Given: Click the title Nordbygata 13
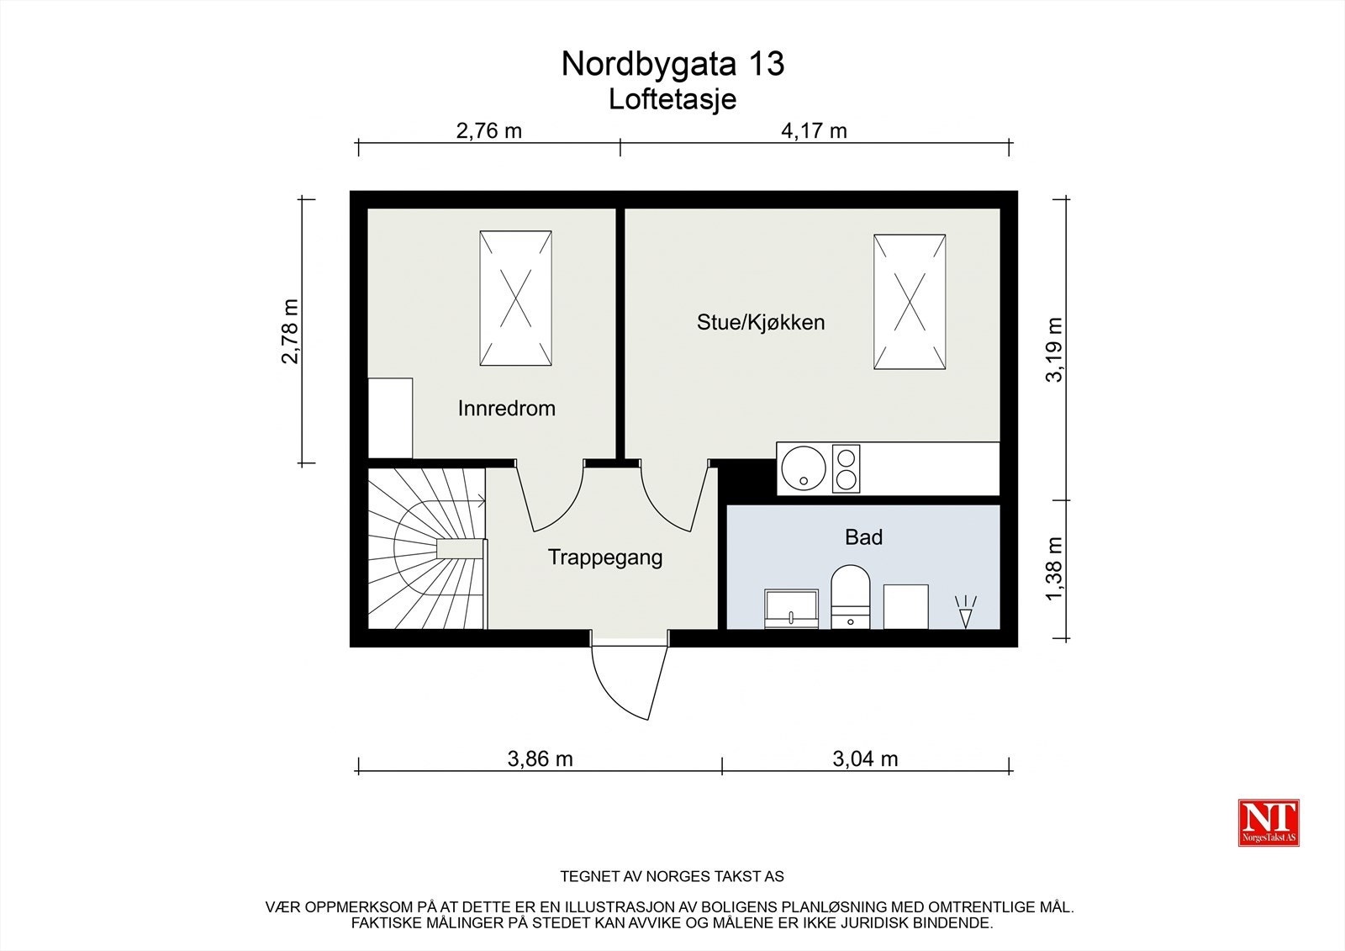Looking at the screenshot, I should tap(672, 64).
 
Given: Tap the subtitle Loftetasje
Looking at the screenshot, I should tap(672, 99).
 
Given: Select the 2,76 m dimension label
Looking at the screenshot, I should tap(488, 130).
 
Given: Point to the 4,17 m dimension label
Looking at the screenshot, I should tap(814, 130).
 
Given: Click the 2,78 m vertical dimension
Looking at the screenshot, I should tap(290, 331).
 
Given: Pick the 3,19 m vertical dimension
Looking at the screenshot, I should tap(1054, 350).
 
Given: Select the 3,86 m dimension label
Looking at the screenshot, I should tap(540, 758).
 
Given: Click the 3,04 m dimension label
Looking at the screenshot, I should tap(865, 758).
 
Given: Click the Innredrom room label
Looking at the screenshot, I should tap(506, 409).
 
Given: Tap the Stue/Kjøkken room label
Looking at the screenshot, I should tap(760, 322).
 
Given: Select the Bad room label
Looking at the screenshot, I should tap(863, 537).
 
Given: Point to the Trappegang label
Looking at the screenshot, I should tap(605, 557).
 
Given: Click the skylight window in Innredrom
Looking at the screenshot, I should tap(515, 299).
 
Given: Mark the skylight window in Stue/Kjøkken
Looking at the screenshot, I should tap(910, 302).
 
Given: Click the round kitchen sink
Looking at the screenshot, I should tap(803, 468).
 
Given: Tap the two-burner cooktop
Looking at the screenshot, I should tap(846, 468).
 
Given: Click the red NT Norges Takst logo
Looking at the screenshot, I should tap(1269, 822).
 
